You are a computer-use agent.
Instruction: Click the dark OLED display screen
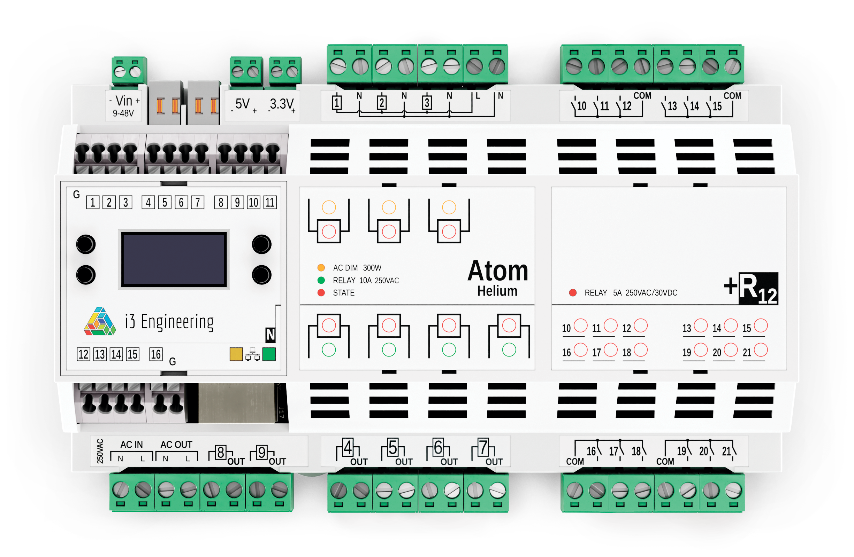[x=174, y=259]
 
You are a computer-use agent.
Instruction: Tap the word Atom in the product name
[x=498, y=271]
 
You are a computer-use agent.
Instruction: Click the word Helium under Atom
[x=497, y=291]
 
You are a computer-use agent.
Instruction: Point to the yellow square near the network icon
[x=236, y=354]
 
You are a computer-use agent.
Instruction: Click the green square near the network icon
[x=269, y=354]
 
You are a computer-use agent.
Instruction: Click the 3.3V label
[x=282, y=104]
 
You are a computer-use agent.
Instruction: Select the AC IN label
[x=131, y=445]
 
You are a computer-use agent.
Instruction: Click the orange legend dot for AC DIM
[x=321, y=268]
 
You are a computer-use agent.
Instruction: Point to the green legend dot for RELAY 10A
[x=321, y=280]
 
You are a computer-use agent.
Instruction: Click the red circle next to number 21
[x=760, y=350]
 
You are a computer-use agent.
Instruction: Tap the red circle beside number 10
[x=580, y=325]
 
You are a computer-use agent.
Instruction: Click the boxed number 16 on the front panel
[x=156, y=354]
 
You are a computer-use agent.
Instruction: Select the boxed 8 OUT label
[x=226, y=455]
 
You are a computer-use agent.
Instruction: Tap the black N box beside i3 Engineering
[x=270, y=335]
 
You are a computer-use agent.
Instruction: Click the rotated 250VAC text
[x=100, y=451]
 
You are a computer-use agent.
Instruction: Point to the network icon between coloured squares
[x=252, y=354]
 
